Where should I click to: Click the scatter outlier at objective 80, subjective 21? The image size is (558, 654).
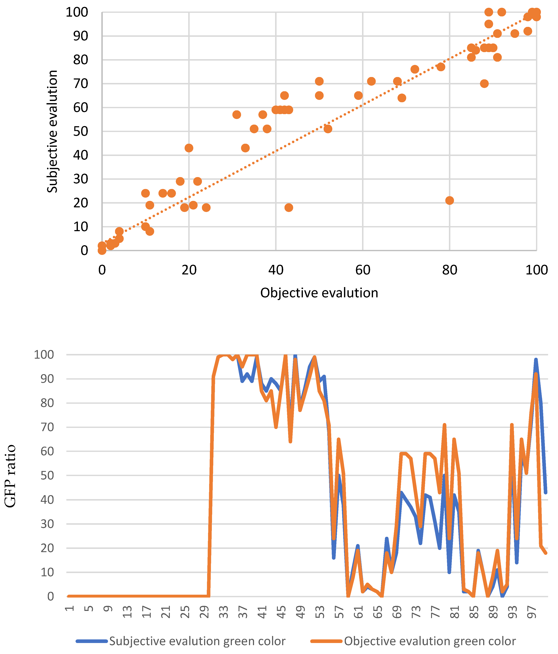coord(449,201)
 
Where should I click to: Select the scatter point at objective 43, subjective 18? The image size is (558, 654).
coord(288,207)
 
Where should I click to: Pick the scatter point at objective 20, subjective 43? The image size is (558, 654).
coord(189,148)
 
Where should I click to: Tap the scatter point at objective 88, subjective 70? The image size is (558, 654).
coord(484,84)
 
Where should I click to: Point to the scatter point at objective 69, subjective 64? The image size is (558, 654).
coord(402,98)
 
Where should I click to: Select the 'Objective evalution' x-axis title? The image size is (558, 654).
coord(319,293)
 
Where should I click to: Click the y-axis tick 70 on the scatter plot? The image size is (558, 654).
coord(80,84)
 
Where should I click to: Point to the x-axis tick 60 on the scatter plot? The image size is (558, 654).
coord(363,270)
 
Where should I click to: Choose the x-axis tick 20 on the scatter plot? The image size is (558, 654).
coord(189,270)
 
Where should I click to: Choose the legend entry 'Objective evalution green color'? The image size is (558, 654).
coord(430,641)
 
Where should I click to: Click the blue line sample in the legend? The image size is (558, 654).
coord(92,641)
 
